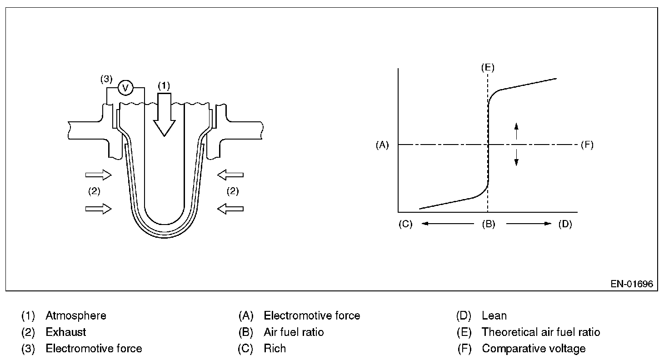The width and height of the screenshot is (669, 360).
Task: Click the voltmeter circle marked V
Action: tap(125, 88)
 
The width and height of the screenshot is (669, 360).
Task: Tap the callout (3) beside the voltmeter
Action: tap(106, 79)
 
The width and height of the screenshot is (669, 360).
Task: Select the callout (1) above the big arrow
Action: tap(164, 85)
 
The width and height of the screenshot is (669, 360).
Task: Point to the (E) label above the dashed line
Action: tap(488, 67)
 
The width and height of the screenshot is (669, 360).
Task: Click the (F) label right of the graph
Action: tap(587, 145)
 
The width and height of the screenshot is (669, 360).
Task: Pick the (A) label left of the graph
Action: tap(382, 145)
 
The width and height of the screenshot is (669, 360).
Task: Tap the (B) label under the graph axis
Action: tap(489, 224)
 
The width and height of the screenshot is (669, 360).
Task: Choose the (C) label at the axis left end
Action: tap(405, 224)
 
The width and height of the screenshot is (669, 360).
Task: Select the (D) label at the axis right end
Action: tap(565, 224)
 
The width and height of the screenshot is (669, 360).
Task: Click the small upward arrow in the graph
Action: tap(516, 131)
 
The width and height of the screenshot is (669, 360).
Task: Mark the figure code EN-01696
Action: tap(632, 284)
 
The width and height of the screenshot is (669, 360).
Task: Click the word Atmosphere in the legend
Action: tap(76, 315)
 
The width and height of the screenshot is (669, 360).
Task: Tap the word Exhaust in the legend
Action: tap(66, 332)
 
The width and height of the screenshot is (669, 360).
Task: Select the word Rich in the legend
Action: tap(275, 349)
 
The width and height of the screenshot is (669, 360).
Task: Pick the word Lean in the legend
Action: tap(494, 315)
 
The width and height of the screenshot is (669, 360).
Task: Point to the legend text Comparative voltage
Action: tap(534, 349)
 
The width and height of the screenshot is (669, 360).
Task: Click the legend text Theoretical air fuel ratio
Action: tap(541, 332)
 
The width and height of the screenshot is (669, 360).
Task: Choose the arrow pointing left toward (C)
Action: tap(447, 224)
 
